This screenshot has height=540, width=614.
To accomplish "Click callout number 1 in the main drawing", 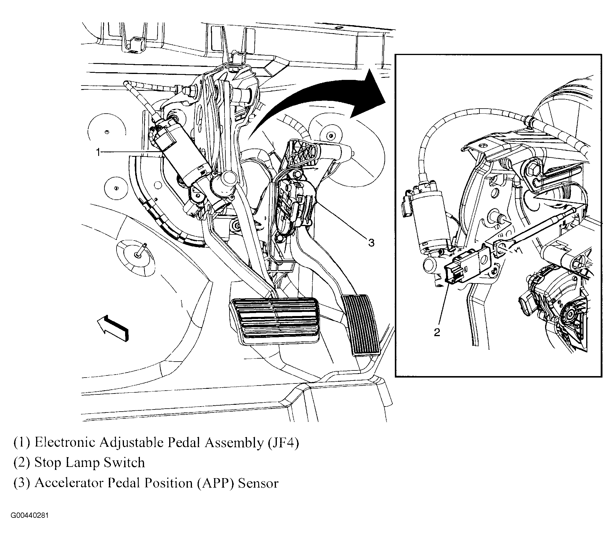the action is [98, 152].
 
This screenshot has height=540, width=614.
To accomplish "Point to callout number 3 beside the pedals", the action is [371, 243].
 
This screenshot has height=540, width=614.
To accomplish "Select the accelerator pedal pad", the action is [361, 325].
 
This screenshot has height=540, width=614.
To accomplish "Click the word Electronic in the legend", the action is [65, 443].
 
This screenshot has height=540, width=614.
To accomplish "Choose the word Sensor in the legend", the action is [258, 483].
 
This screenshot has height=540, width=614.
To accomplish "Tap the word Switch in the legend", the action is [124, 463].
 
